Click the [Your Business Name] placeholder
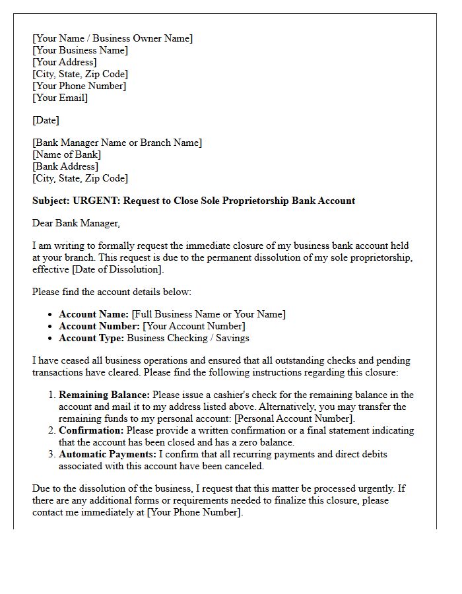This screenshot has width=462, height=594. tap(80, 51)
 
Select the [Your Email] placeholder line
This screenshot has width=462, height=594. tap(60, 98)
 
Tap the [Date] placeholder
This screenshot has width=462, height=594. tap(46, 121)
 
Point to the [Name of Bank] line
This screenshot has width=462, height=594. tap(67, 155)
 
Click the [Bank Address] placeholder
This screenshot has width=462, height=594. tap(65, 167)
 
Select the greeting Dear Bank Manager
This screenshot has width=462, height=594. tap(76, 224)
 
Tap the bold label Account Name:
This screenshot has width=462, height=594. tap(94, 315)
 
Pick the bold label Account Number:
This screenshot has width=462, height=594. tap(99, 327)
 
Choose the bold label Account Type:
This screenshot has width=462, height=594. tap(91, 339)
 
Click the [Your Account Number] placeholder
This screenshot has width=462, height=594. tap(194, 327)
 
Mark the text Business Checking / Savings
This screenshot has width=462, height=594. tap(188, 339)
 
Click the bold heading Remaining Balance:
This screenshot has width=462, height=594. tap(104, 395)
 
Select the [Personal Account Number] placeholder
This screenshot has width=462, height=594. tap(294, 419)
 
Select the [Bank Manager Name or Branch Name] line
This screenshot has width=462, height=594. tap(117, 143)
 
